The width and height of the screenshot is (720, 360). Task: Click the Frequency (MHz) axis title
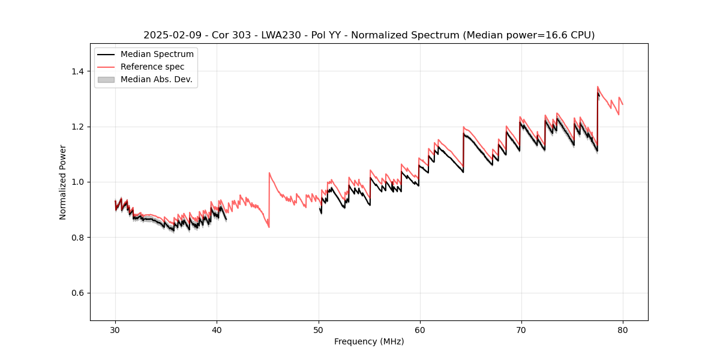[369, 341]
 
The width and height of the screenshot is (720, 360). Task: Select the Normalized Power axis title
[63, 182]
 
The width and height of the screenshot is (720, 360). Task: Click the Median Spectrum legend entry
[157, 55]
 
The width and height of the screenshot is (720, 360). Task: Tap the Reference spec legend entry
[152, 67]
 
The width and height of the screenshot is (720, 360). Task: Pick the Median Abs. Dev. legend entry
[156, 79]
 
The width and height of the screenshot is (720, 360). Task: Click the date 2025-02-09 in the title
[169, 35]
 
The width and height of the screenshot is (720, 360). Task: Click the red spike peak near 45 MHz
[269, 173]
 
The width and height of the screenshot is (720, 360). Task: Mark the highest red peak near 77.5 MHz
[598, 86]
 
